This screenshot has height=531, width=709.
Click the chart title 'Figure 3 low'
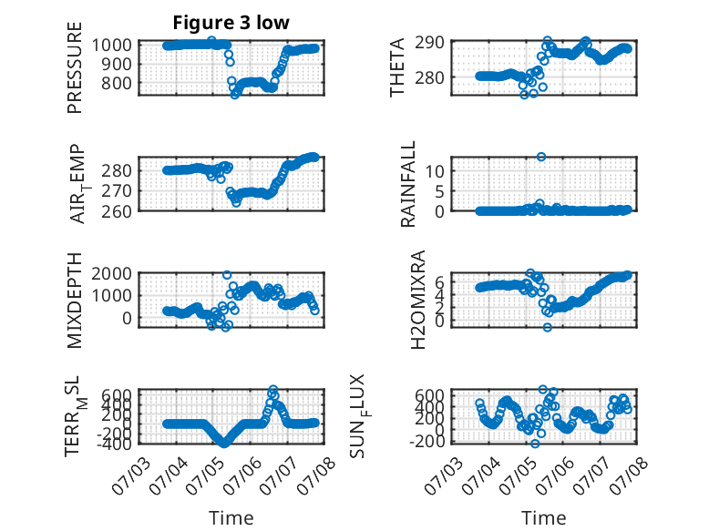231,23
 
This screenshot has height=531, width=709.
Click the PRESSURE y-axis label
75,67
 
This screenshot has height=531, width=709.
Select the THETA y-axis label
397,67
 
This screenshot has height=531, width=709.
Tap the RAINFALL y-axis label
408,184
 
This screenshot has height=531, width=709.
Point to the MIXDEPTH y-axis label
75,301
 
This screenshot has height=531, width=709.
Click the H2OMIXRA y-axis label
418,300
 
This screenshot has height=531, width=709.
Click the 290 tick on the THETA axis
429,43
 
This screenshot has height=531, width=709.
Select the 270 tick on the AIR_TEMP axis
117,191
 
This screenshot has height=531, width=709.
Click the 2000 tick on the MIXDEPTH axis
112,273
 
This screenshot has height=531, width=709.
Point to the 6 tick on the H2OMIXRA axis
439,283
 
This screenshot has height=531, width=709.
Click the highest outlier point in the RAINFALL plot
541,157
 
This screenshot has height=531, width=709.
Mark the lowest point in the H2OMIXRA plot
548,327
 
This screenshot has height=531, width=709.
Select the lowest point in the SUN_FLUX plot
535,444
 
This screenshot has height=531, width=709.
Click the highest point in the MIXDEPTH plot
227,275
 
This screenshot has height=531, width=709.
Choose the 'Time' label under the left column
231,518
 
